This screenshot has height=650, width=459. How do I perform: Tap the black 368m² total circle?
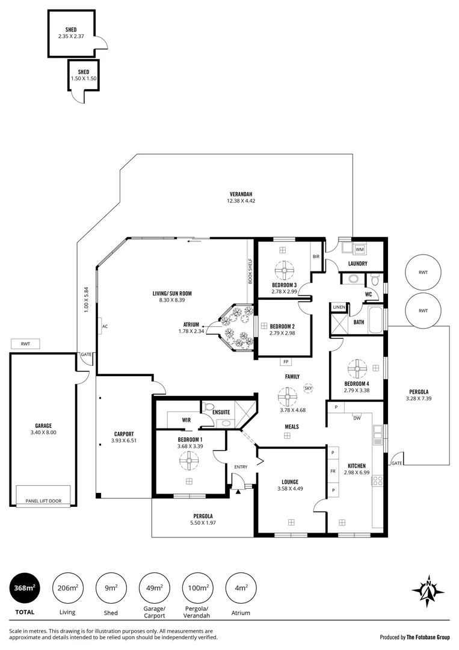coord(25,588)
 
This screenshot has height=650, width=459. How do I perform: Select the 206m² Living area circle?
coord(68,588)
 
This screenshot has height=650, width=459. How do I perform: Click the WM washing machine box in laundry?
coord(359,249)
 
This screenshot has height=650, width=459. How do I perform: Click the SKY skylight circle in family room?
coord(308,388)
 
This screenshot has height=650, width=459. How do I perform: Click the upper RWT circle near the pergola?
coord(423,272)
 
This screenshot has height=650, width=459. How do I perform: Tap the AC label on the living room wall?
coord(104,327)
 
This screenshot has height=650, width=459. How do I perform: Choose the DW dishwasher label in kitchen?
coord(357,418)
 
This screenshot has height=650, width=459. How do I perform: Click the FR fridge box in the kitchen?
coord(333,471)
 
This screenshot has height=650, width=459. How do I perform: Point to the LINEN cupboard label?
coord(339,307)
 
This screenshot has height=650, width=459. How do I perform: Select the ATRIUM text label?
coord(191,324)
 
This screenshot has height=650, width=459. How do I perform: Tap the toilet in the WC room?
coord(375,280)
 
